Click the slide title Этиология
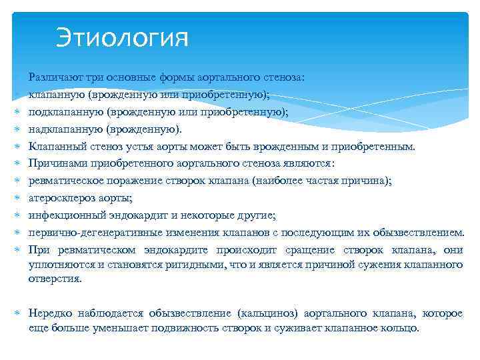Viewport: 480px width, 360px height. (x=122, y=37)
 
